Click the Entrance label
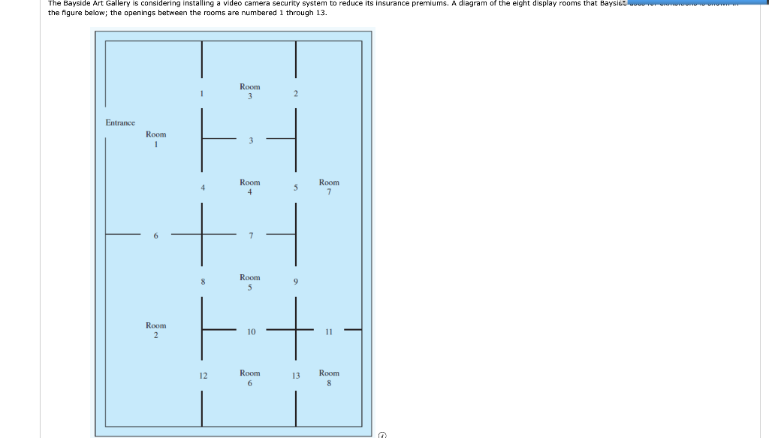tap(120, 122)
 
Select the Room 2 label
tap(156, 330)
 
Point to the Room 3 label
tap(250, 92)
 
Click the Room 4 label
tap(250, 187)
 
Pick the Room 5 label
tap(250, 282)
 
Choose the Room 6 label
tap(250, 378)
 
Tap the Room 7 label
tap(329, 187)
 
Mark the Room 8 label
tap(329, 378)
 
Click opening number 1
tap(202, 94)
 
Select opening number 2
tap(296, 94)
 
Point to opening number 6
tap(156, 236)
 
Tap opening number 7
tap(251, 236)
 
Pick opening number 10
tap(251, 331)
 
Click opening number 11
tap(329, 331)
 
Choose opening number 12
tap(203, 376)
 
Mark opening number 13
tap(296, 376)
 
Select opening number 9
tap(296, 282)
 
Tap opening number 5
tap(296, 188)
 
